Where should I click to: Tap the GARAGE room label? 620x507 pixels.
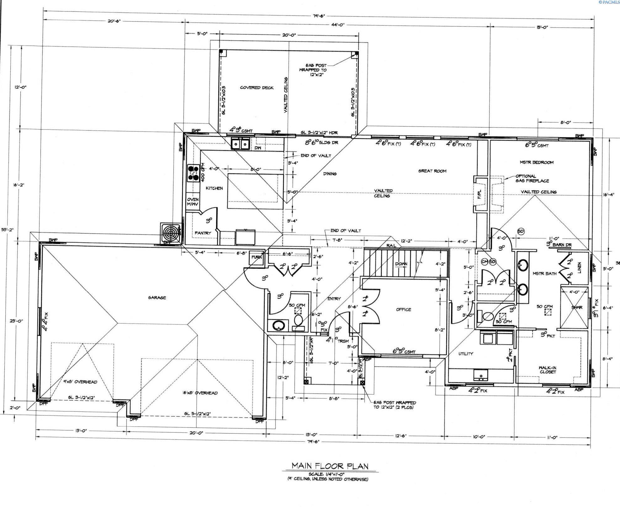click(x=157, y=298)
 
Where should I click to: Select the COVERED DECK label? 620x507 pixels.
click(x=257, y=87)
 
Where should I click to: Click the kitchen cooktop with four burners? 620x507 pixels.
click(x=193, y=173)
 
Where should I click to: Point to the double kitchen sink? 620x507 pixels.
click(x=241, y=144)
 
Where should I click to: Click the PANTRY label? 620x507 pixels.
click(x=203, y=233)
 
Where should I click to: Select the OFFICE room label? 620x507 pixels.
click(x=403, y=309)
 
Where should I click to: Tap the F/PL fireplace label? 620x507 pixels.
click(x=479, y=195)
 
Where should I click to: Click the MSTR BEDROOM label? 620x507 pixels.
click(x=536, y=162)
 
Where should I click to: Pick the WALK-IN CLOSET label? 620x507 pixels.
click(x=548, y=370)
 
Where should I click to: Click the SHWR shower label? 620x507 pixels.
click(x=577, y=308)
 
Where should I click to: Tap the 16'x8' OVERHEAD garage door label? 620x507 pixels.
click(x=200, y=393)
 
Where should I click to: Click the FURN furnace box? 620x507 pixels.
click(x=256, y=257)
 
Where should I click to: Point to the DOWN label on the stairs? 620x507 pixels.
click(x=401, y=264)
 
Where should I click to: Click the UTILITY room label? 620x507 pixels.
click(x=466, y=354)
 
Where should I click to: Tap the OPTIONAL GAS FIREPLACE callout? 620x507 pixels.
click(x=532, y=178)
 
